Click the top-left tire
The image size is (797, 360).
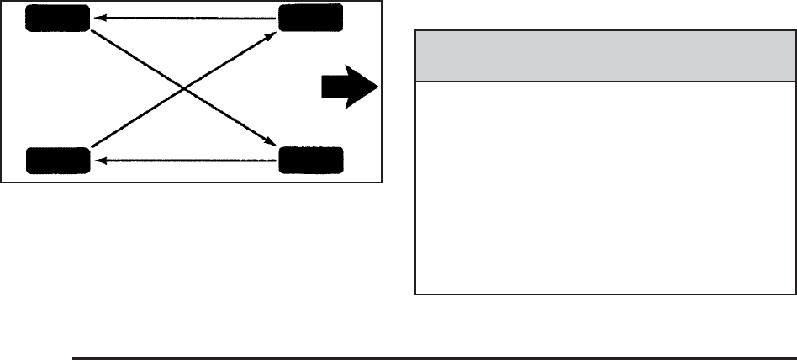point(57,18)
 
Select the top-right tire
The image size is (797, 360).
point(310,18)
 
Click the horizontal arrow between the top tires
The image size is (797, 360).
point(183,17)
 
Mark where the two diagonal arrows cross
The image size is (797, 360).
point(183,88)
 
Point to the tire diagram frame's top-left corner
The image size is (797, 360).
point(2,2)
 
